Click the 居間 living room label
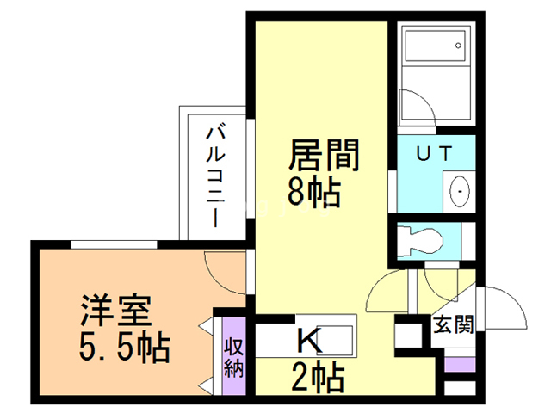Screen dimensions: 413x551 [322, 157]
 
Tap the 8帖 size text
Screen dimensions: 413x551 [313, 192]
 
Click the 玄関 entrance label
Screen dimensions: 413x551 [453, 326]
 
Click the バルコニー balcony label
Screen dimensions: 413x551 [216, 176]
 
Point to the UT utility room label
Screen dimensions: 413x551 [434, 155]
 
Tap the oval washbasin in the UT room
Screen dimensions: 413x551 [460, 189]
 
